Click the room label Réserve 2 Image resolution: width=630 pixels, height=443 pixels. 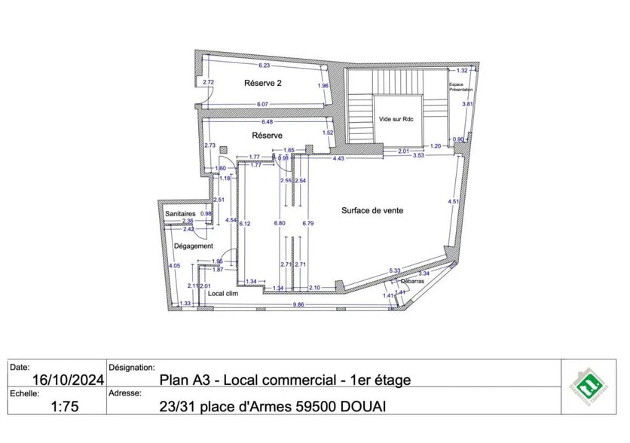263,84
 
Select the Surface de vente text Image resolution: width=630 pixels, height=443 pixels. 372,210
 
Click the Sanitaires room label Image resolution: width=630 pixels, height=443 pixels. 181,214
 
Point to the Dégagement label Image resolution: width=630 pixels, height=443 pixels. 193,246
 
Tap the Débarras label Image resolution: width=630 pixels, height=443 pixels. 411,281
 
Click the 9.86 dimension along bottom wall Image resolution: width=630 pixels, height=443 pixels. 298,304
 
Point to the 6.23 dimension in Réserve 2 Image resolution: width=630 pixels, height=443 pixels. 264,66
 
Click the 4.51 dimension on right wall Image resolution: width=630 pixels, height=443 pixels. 453,201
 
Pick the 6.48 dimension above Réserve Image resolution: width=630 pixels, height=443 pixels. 267,121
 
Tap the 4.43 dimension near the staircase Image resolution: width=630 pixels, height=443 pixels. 339,158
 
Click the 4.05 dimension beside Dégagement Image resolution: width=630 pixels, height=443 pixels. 174,266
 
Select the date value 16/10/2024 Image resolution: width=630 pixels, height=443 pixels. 57,380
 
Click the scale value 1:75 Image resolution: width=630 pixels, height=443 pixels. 65,407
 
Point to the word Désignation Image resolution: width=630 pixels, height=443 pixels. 132,368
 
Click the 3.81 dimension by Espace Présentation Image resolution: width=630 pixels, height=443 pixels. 466,105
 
